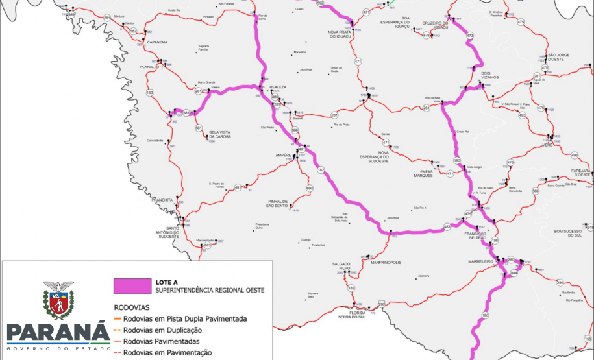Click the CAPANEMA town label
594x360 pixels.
(157, 42)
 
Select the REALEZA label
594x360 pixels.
(278, 86)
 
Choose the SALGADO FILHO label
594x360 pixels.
(341, 265)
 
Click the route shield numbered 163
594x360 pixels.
(150, 93)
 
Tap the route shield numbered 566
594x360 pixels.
(536, 191)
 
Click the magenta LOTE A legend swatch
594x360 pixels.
(130, 286)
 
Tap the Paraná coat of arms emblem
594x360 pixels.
(58, 300)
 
